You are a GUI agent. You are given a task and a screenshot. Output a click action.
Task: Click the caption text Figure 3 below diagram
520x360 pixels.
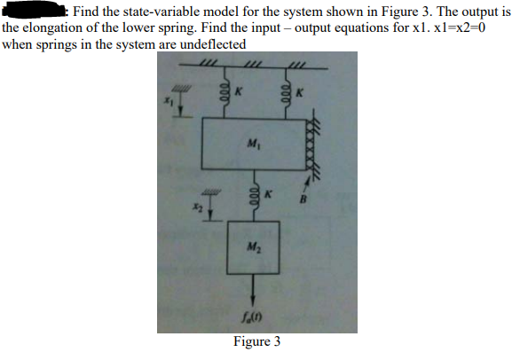click(x=256, y=341)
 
